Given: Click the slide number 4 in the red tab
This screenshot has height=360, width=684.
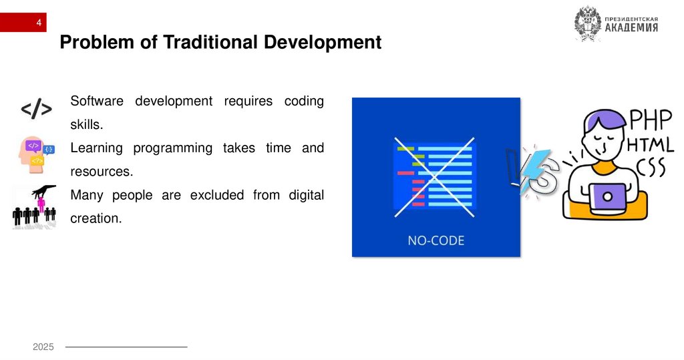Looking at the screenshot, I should coord(39,24).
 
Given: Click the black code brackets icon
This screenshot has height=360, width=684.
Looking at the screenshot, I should coord(36,110).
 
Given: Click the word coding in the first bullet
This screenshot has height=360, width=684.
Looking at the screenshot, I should coord(304,101).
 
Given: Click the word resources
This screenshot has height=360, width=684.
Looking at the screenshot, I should coord(102,172).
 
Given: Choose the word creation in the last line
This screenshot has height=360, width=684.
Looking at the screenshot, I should coord(96,218).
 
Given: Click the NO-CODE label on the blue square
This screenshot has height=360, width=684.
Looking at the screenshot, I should coord(436,240).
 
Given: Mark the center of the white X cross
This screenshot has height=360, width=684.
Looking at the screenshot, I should coord(435,177).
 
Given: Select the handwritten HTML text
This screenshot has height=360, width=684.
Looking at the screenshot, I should coord(649,145).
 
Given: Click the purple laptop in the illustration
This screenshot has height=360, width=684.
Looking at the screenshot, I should coord(608,197).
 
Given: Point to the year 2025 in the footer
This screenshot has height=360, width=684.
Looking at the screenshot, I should coord(43,347).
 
